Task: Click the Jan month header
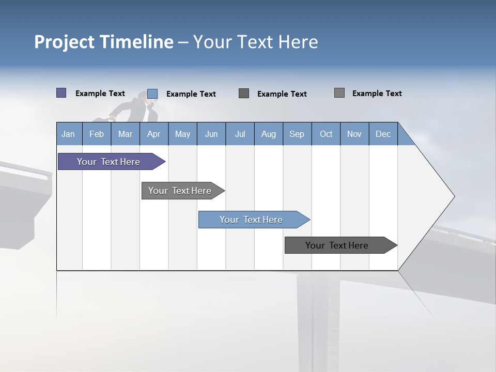point(68,134)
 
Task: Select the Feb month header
point(97,134)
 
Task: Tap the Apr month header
point(153,134)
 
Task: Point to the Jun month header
point(211,134)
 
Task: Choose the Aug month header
point(268,134)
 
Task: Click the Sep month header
point(297,134)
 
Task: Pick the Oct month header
point(326,134)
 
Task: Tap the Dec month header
point(383,134)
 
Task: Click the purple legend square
point(61,93)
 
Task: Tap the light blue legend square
point(152,94)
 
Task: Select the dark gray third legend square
point(244,94)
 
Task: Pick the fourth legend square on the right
point(339,93)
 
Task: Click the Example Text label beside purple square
point(100,94)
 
